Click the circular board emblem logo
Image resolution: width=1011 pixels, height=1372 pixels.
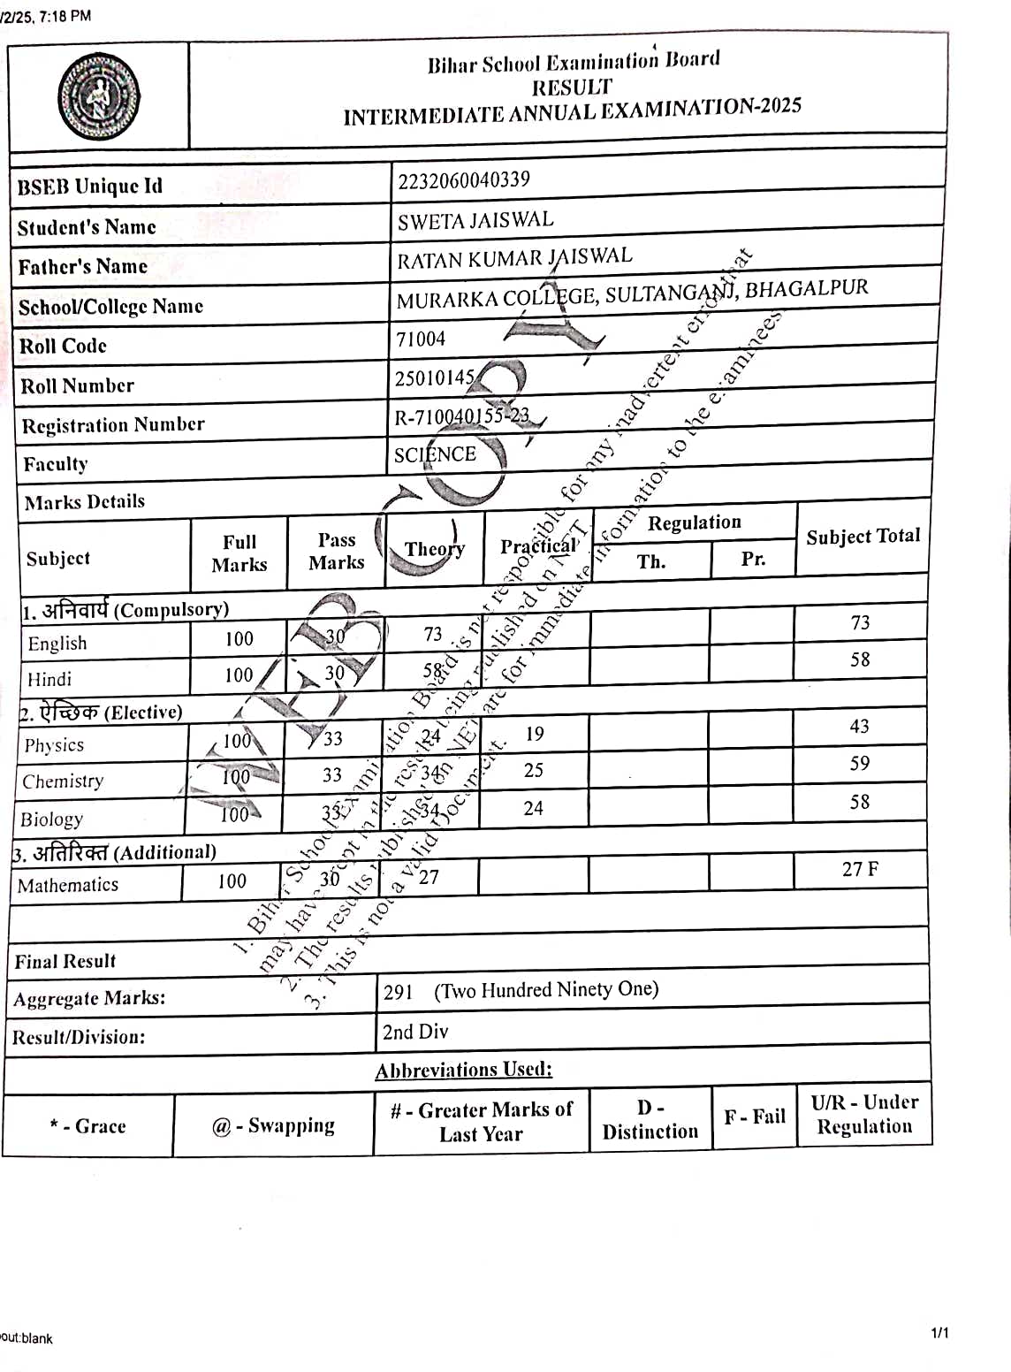[x=98, y=96]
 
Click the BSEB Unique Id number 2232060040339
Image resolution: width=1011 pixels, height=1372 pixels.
[x=463, y=180]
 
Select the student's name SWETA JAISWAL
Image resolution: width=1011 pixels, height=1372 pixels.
[x=475, y=220]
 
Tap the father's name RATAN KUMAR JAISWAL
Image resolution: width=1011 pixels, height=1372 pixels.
[x=514, y=258]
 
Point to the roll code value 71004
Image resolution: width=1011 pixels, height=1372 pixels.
[x=421, y=339]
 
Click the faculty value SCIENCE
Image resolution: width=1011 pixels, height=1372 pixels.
[x=435, y=454]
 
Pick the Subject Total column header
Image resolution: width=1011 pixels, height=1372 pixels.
[x=863, y=537]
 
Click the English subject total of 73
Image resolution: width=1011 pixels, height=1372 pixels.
[x=860, y=622]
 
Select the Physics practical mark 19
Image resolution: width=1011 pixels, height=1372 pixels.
[x=534, y=734]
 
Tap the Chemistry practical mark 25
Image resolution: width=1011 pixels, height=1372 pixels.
[x=533, y=770]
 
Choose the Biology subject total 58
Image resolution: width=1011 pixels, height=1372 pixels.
[x=859, y=802]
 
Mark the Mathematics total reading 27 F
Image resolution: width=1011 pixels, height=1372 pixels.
[x=860, y=869]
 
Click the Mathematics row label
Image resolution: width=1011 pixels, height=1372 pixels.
[x=68, y=885]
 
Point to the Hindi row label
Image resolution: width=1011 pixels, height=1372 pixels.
[x=49, y=679]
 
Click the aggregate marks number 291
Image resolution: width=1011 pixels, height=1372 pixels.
[x=398, y=992]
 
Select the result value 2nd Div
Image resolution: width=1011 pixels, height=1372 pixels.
[x=414, y=1032]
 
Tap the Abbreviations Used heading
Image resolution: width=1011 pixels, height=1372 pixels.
[x=463, y=1070]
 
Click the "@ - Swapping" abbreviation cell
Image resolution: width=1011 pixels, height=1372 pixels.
[x=273, y=1125]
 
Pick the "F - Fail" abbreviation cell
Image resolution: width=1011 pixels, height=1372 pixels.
[x=755, y=1117]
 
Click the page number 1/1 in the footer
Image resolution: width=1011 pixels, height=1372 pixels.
[x=939, y=1332]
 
